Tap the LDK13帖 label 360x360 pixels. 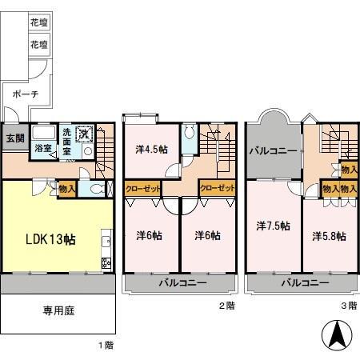coord(49,238)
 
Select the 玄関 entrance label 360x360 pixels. coord(15,138)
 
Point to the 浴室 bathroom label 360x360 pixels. coord(42,148)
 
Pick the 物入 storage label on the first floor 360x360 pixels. coord(67,189)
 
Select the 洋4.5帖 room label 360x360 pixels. coord(151,148)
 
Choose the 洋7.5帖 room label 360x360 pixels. coord(272,236)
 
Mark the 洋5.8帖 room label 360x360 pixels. coord(329,236)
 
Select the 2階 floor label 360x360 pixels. coord(226,305)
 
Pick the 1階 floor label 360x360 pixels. coord(106,345)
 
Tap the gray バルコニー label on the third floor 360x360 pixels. coord(273,150)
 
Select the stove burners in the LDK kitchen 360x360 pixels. coord(105,262)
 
